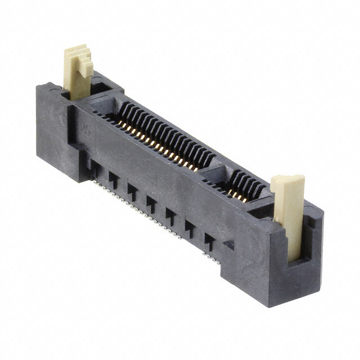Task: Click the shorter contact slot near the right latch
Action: point(239,186)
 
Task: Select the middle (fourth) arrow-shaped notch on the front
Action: point(151,200)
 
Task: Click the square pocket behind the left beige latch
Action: point(101,88)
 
